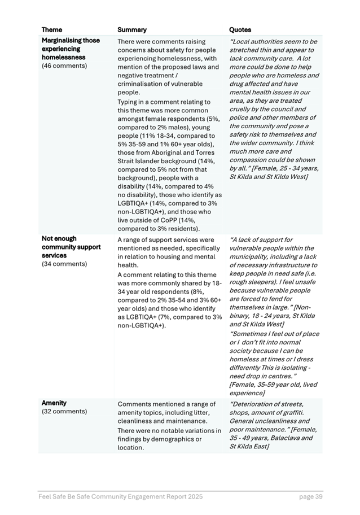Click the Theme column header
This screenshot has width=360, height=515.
pyautogui.click(x=52, y=30)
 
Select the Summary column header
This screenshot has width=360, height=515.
pyautogui.click(x=132, y=30)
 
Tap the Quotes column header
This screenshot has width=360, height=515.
pyautogui.click(x=240, y=30)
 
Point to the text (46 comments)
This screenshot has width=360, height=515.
pyautogui.click(x=64, y=66)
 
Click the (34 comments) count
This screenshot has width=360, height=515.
pyautogui.click(x=64, y=264)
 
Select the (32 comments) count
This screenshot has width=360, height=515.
pyautogui.click(x=64, y=411)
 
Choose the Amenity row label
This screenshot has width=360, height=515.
pyautogui.click(x=54, y=403)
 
